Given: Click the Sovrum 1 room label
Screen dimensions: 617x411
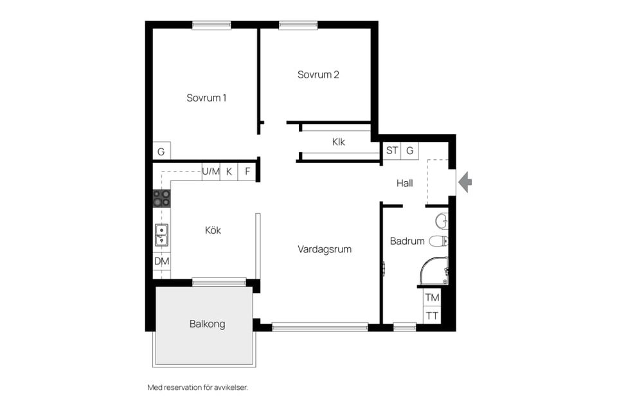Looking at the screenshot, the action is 206,98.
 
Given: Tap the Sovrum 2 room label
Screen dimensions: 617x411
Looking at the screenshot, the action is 318,74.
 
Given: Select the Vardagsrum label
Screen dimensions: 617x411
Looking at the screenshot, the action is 324,249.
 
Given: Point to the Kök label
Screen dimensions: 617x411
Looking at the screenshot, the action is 213,230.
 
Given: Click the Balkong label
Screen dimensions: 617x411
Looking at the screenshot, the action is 208,324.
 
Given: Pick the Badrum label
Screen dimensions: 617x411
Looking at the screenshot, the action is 407,241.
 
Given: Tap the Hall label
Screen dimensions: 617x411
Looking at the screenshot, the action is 404,183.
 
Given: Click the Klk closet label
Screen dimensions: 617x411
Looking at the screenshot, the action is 339,141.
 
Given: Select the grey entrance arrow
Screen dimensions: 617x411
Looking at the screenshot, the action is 465,182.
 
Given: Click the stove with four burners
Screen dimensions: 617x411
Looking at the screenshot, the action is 162,198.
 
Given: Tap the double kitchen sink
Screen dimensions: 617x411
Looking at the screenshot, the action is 162,235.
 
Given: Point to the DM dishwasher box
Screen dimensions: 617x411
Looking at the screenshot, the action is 162,261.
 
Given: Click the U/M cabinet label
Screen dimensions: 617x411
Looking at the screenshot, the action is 211,171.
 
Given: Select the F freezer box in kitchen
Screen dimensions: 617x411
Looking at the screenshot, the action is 247,172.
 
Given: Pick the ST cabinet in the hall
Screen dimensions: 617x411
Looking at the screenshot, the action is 392,151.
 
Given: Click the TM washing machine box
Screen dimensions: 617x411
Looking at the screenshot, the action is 432,297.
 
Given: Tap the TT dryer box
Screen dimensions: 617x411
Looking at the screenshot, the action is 432,315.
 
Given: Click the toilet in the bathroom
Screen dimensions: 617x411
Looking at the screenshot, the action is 438,241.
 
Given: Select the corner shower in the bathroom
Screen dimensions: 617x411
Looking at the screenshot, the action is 434,271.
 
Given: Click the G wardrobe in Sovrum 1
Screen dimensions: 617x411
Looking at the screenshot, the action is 161,151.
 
